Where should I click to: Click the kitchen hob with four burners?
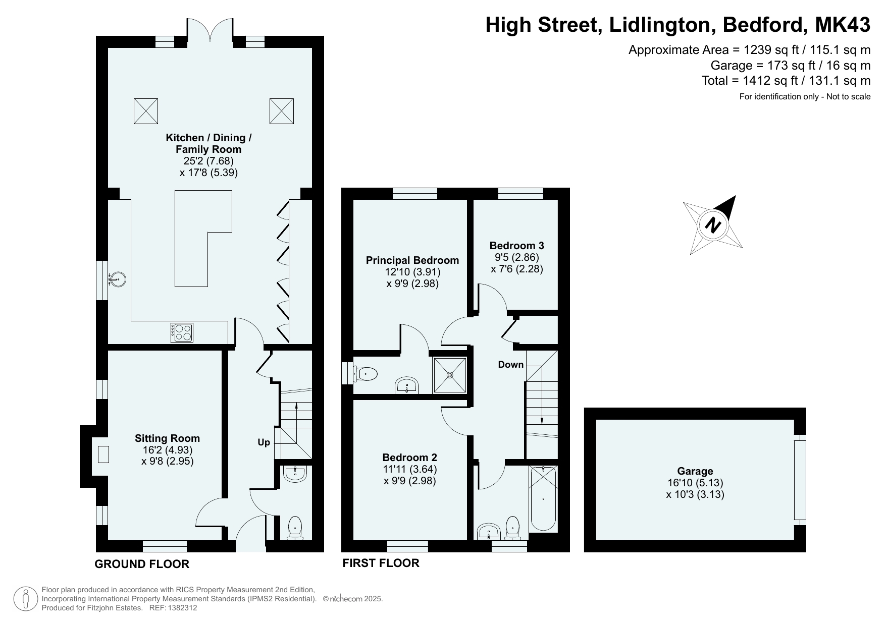[x=182, y=332]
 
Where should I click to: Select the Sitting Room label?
[x=167, y=438]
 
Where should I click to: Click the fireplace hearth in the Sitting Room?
[x=103, y=454]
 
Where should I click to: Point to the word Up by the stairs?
[x=264, y=442]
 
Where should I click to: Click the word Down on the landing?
[x=510, y=364]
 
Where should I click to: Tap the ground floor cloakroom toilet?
[x=295, y=527]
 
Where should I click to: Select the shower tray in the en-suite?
[x=450, y=375]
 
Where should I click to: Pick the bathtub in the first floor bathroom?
[x=543, y=498]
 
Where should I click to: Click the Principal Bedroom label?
[x=412, y=260]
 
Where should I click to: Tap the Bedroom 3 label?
[x=516, y=246]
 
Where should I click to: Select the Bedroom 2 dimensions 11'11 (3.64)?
[x=409, y=469]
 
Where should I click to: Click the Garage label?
[x=695, y=471]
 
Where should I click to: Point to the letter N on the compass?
[x=712, y=224]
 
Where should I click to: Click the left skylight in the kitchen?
[x=146, y=111]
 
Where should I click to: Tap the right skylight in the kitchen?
[x=281, y=111]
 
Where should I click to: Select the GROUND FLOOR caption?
[x=142, y=564]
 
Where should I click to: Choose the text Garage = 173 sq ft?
[x=754, y=65]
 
